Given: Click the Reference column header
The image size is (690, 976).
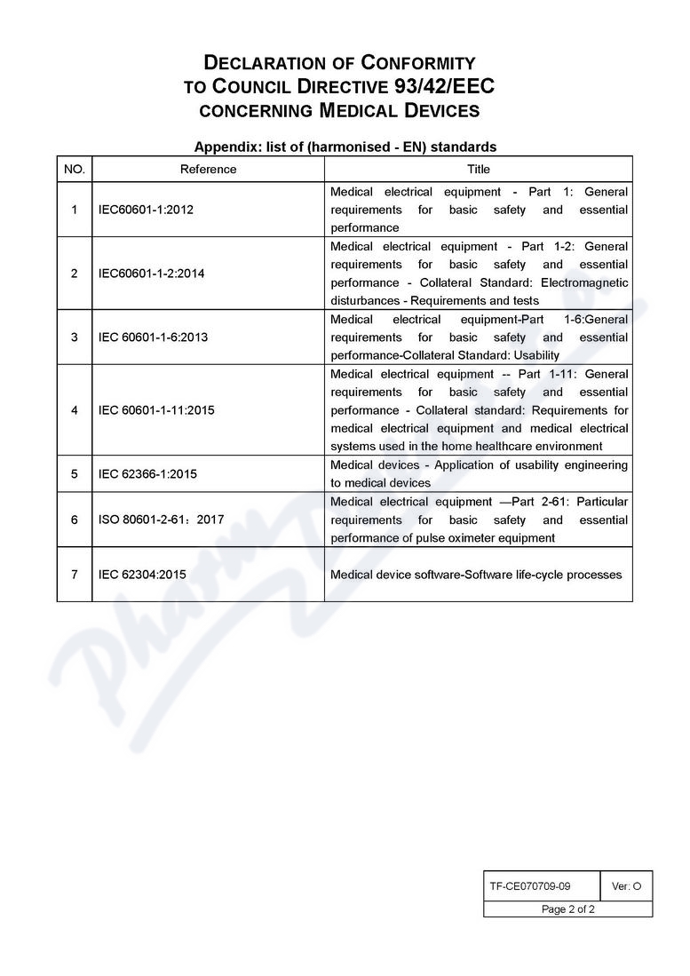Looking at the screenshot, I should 208,169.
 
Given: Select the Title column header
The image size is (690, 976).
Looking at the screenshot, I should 478,169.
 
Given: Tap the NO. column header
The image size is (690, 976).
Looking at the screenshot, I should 75,169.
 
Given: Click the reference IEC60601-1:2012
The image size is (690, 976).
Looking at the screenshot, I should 146,210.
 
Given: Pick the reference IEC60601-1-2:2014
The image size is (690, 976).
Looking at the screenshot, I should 151,274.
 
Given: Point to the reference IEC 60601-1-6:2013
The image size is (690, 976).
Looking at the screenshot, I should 153,337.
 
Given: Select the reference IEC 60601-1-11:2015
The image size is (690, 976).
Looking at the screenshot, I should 156,410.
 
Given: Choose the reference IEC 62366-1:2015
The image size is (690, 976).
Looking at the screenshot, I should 147,474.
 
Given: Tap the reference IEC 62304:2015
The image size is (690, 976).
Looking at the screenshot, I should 142,575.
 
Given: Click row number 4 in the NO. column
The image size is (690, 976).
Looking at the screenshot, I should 75,410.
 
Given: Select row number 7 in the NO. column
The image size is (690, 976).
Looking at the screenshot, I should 75,575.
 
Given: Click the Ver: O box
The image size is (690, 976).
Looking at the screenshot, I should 626,885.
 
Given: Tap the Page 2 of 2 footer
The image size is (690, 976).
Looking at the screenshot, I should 568,909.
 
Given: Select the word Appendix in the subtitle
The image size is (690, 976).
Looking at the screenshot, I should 225,147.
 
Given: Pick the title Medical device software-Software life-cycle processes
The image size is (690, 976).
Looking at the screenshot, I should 476,575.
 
